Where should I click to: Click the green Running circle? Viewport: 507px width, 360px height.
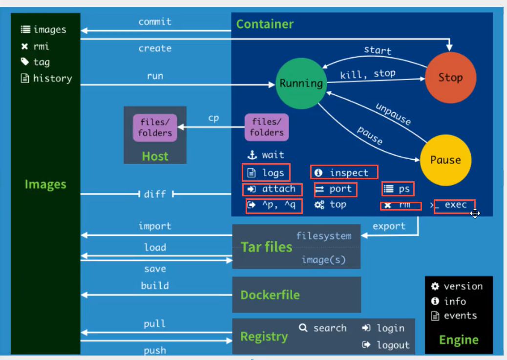[x=301, y=83]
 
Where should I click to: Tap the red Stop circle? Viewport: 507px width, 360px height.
[x=450, y=78]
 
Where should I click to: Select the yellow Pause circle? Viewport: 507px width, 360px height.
[x=445, y=160]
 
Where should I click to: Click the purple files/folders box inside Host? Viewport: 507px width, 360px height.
[x=155, y=127]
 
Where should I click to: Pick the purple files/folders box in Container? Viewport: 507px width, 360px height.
[x=267, y=127]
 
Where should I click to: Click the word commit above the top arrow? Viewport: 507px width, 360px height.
[x=155, y=21]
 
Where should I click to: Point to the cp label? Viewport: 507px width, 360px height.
[x=213, y=118]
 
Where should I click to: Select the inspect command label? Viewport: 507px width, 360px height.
[x=349, y=172]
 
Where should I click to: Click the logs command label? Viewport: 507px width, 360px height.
[x=273, y=173]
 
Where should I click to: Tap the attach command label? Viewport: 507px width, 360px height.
[x=278, y=189]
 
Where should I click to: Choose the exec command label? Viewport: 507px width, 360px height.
[x=455, y=205]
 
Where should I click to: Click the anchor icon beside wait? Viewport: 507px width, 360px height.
[x=252, y=155]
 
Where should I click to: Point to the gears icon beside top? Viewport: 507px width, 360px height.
[x=319, y=205]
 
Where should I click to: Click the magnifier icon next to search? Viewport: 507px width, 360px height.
[x=303, y=328]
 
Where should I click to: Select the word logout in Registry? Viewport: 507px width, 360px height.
[x=393, y=345]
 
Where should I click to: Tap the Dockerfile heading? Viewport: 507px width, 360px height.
[x=270, y=295]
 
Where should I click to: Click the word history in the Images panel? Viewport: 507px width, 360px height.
[x=52, y=78]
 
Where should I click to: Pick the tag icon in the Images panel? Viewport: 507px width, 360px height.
[x=25, y=62]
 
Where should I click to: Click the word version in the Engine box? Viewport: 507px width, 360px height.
[x=463, y=286]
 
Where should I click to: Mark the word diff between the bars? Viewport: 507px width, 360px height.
[x=154, y=194]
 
